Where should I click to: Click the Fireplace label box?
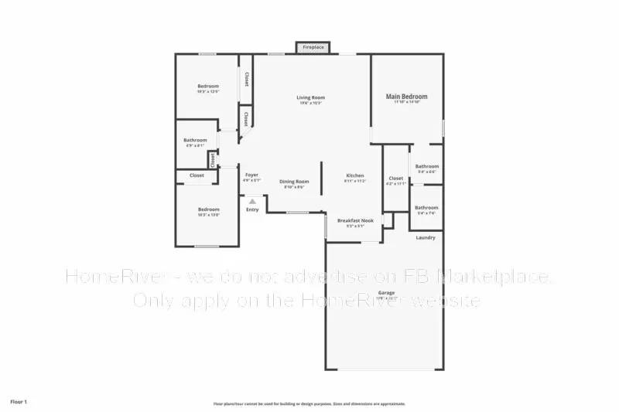click(313, 47)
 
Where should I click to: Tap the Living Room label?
click(310, 98)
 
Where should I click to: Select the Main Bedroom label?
click(406, 97)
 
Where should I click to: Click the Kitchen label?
click(354, 176)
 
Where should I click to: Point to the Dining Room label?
click(294, 182)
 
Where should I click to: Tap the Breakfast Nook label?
click(355, 221)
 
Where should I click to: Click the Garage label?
click(386, 293)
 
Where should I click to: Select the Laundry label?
click(426, 237)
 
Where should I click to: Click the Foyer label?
click(251, 175)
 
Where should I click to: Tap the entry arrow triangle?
click(252, 201)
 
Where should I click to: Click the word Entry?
click(252, 209)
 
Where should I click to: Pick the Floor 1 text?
click(19, 402)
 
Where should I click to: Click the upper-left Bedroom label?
click(207, 86)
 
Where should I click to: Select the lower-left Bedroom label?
click(208, 209)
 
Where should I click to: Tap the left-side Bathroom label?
click(195, 141)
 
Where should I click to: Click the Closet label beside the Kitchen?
click(395, 179)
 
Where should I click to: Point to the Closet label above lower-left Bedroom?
click(197, 175)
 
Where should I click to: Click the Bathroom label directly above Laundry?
click(426, 208)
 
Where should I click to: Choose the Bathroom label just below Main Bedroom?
click(427, 166)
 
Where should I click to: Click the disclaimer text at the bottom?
click(309, 403)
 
